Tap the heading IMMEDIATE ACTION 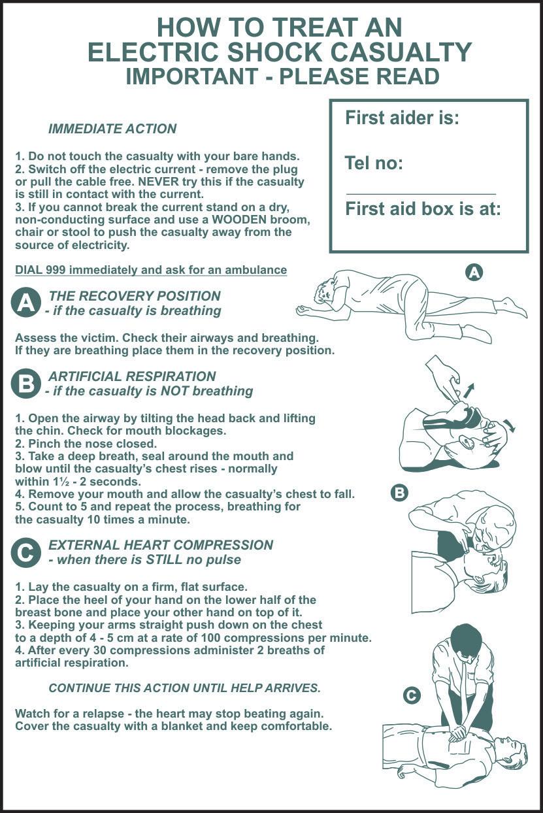tap(112, 129)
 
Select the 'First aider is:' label tap(402, 118)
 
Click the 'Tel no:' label tap(374, 163)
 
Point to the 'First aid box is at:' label tap(423, 209)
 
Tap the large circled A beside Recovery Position tap(24, 303)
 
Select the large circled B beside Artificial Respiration tap(24, 384)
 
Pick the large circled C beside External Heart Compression tap(24, 553)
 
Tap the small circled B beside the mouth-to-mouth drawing tap(399, 493)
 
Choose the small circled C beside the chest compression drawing tap(412, 695)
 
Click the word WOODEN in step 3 tap(241, 220)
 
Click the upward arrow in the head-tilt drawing tap(469, 391)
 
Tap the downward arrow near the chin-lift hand tap(510, 425)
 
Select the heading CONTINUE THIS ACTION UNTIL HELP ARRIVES tap(185, 688)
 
